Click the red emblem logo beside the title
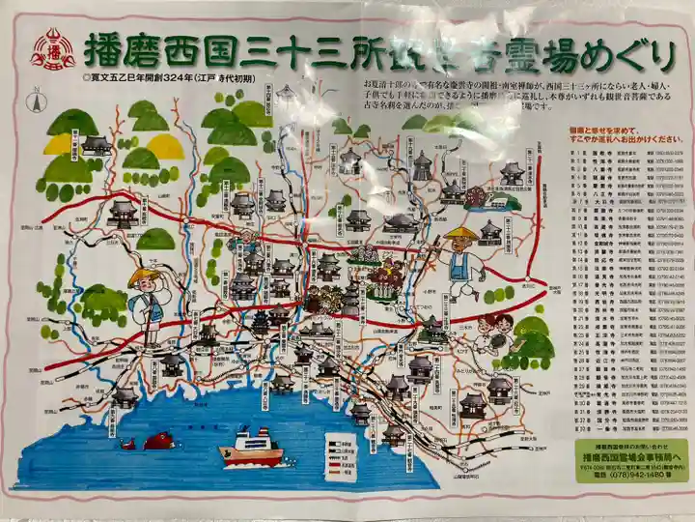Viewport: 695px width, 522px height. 53,50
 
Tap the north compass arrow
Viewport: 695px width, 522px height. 36,101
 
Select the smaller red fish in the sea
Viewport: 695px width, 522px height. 127,444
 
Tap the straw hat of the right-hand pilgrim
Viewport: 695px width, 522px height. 461,234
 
